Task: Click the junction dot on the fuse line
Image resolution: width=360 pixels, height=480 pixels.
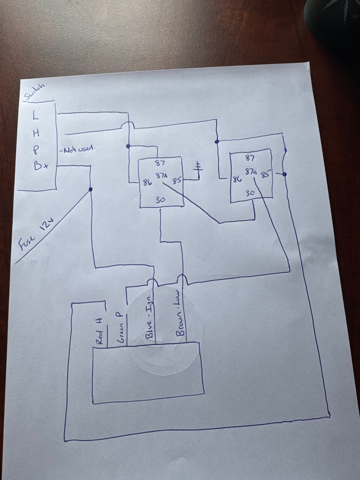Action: coord(90,190)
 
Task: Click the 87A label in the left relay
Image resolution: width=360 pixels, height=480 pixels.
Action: coord(161,176)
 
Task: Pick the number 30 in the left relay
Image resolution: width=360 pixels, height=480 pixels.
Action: coord(161,200)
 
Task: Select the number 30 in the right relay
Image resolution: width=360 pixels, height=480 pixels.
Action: coord(250,193)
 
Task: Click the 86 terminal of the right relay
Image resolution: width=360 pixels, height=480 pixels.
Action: coord(236,179)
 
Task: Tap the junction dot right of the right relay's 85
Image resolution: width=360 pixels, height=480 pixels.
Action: coord(285,174)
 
